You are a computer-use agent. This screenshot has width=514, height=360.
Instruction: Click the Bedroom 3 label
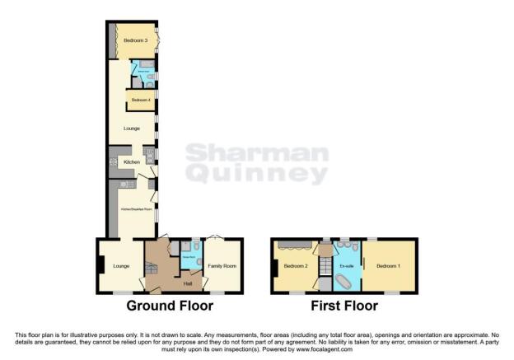tap(136, 40)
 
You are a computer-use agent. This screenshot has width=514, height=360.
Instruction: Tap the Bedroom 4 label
tap(139, 100)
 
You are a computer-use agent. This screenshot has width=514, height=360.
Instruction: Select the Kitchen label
tap(132, 163)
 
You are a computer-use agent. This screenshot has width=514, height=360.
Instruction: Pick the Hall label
tap(188, 283)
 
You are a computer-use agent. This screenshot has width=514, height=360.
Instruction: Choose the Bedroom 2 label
tap(295, 266)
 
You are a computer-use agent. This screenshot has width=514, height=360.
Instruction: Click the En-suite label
tap(346, 266)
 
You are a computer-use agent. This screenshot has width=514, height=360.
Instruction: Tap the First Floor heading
tap(344, 306)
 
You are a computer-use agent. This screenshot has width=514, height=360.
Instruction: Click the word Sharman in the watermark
tap(256, 154)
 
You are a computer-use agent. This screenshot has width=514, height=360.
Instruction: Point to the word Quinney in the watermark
tap(256, 174)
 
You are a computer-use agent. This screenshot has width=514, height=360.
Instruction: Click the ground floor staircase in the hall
tap(155, 269)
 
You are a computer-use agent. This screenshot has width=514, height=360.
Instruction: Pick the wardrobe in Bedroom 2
tap(294, 244)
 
